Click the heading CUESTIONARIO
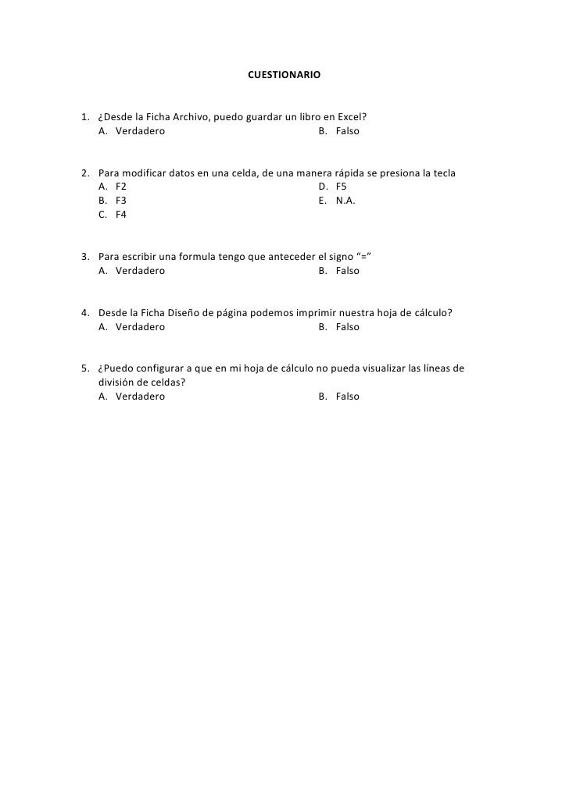tap(284, 76)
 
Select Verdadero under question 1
tap(140, 131)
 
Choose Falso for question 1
tap(347, 131)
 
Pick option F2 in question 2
tap(120, 187)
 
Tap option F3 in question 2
tap(120, 201)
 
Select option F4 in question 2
tap(120, 215)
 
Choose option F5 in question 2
tap(342, 187)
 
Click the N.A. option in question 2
tap(345, 201)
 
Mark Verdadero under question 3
tap(140, 271)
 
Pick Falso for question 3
tap(347, 271)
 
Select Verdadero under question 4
tap(140, 327)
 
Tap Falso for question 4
tap(347, 327)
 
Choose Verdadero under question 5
tap(140, 397)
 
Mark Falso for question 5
tap(347, 397)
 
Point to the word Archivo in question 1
tap(189, 117)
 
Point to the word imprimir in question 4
tap(319, 313)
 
